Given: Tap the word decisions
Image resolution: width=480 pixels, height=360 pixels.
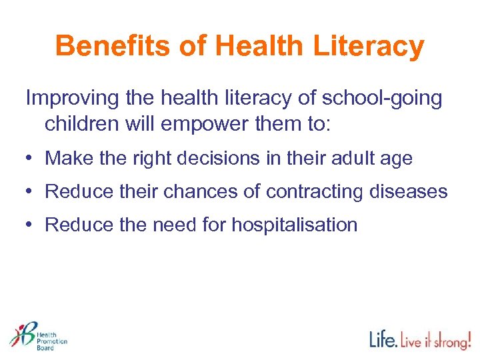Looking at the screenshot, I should (x=227, y=159).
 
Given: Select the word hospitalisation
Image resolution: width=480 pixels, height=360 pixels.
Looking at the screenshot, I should (x=294, y=225).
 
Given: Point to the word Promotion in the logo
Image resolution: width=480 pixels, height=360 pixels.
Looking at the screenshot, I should (x=51, y=341).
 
